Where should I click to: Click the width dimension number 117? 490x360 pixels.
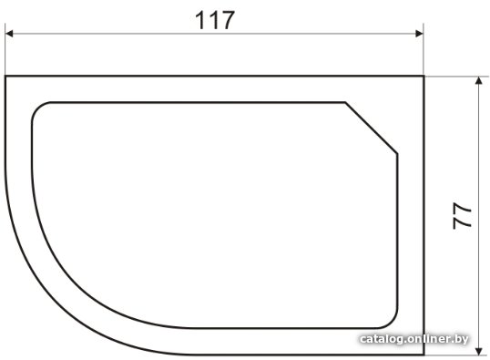pyautogui.click(x=215, y=20)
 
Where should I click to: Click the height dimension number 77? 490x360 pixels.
pyautogui.click(x=462, y=216)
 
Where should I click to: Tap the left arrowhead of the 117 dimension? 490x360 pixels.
pyautogui.click(x=9, y=34)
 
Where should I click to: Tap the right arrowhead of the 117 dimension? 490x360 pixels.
pyautogui.click(x=419, y=34)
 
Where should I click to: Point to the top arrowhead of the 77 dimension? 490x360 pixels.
pyautogui.click(x=478, y=81)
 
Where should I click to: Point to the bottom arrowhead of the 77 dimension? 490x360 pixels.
pyautogui.click(x=478, y=351)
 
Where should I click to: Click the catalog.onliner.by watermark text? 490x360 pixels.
pyautogui.click(x=414, y=339)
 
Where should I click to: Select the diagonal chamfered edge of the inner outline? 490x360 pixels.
pyautogui.click(x=372, y=128)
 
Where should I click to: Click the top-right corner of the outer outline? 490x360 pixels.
pyautogui.click(x=424, y=76)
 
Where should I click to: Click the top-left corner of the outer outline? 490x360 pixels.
pyautogui.click(x=5, y=76)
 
